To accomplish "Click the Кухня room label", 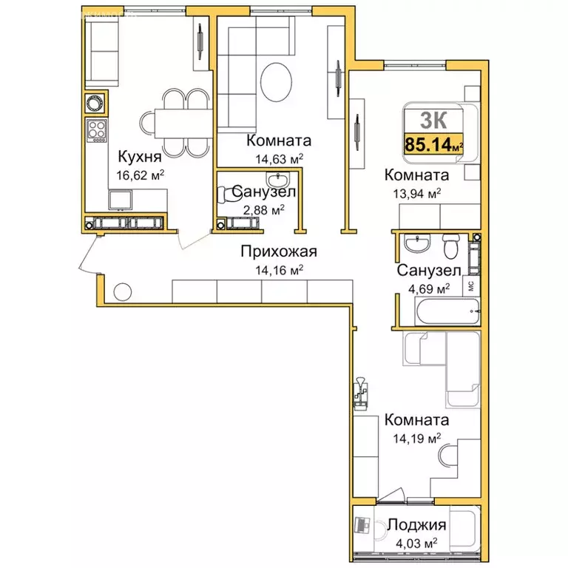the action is pyautogui.click(x=140, y=157).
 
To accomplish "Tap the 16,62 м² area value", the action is pyautogui.click(x=141, y=175).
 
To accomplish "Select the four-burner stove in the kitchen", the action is pyautogui.click(x=97, y=130).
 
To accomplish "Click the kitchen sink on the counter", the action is pyautogui.click(x=121, y=200).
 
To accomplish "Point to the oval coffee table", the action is pyautogui.click(x=276, y=82).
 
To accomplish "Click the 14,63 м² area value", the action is pyautogui.click(x=279, y=159).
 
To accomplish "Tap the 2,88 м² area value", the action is pyautogui.click(x=264, y=210).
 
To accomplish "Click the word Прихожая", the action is pyautogui.click(x=279, y=251).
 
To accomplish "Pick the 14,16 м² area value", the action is pyautogui.click(x=280, y=270).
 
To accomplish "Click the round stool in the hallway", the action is pyautogui.click(x=123, y=291).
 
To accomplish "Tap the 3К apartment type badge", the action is pyautogui.click(x=433, y=120).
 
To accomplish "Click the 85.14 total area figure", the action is pyautogui.click(x=427, y=144).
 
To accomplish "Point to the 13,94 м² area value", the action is pyautogui.click(x=417, y=194).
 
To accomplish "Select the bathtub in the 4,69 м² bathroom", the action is pyautogui.click(x=447, y=311).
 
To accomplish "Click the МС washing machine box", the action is pyautogui.click(x=472, y=286).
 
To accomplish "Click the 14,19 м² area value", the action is pyautogui.click(x=417, y=439).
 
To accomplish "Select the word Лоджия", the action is pyautogui.click(x=416, y=524).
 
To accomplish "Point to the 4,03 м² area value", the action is pyautogui.click(x=416, y=544).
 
